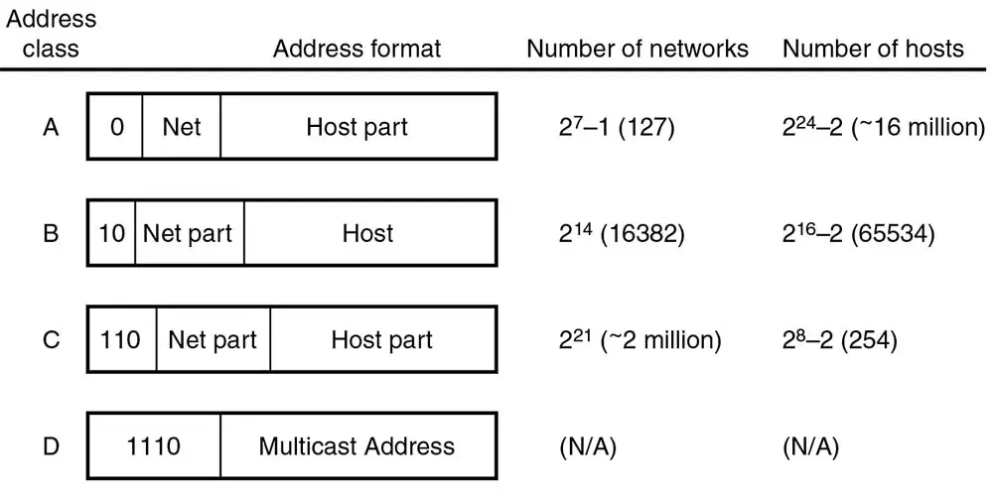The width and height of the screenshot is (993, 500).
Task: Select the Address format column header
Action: [356, 49]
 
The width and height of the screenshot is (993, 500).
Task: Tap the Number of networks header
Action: [637, 49]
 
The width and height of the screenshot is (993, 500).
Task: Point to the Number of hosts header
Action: [873, 49]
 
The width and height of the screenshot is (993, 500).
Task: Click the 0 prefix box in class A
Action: [116, 127]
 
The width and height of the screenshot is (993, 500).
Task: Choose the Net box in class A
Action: [182, 127]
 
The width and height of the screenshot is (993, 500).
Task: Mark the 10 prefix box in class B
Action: [112, 234]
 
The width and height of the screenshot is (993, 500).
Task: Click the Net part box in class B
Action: [189, 234]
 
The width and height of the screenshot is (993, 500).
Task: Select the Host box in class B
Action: [368, 234]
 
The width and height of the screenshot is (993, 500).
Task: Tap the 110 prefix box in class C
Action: [122, 340]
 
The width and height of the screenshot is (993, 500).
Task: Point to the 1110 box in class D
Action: [155, 446]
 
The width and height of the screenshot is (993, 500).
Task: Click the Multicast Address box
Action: [356, 446]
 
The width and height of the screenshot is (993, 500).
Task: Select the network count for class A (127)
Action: [617, 127]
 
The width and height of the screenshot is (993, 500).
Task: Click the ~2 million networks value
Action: [639, 340]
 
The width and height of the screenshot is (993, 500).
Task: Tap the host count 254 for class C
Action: [840, 340]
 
